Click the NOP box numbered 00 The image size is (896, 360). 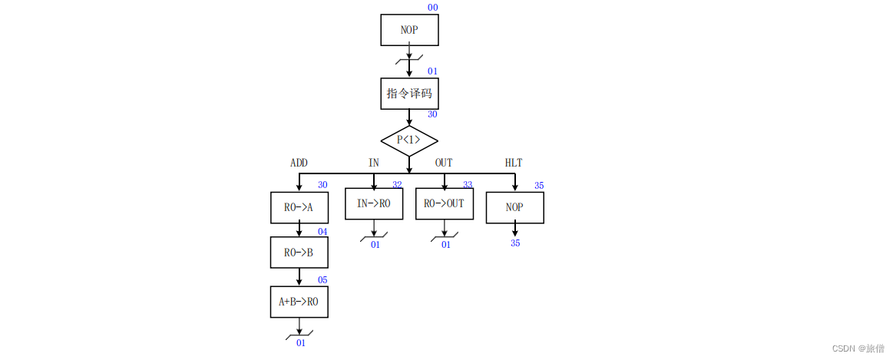coord(409,30)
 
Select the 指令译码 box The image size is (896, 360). coord(409,94)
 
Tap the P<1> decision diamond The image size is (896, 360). coord(409,140)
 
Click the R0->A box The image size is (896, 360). coord(299,207)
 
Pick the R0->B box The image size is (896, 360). coord(299,252)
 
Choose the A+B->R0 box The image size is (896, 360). coord(299,302)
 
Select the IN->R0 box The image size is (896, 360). coord(374,204)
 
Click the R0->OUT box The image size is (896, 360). coord(445,204)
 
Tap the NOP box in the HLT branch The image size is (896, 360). coord(514,207)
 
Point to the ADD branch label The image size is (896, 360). coord(299,163)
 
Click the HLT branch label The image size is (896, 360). coord(514,163)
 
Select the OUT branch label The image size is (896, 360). coord(444,163)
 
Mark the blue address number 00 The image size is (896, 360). coord(433,8)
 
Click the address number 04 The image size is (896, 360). coord(322,232)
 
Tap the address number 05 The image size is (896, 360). coord(322,280)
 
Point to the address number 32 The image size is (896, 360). coord(397,185)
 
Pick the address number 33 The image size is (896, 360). coord(468,185)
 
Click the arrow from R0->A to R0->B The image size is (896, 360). coord(299,230)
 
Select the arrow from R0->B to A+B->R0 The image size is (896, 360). coord(299,277)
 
